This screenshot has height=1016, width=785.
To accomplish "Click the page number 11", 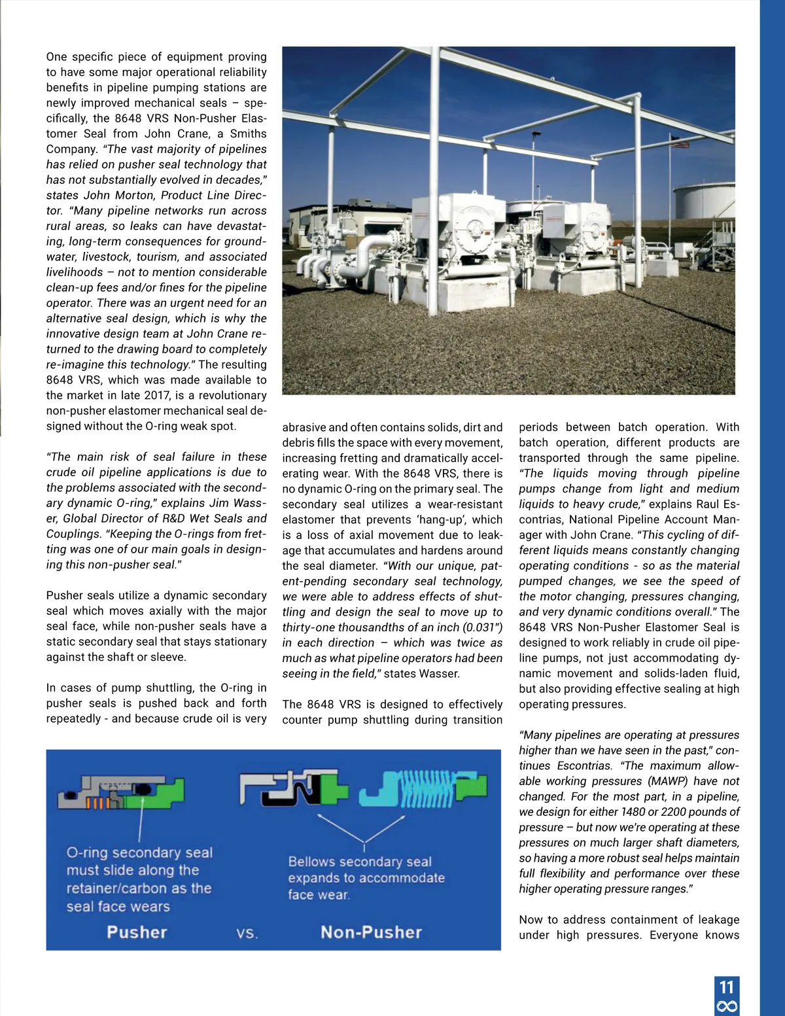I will tap(726, 987).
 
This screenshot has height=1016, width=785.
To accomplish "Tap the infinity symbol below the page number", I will tap(727, 1006).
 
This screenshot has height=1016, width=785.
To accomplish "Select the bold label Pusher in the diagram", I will tap(137, 932).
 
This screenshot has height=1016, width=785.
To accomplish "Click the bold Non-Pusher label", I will tap(371, 932).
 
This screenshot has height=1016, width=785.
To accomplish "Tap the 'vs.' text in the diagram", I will tap(247, 934).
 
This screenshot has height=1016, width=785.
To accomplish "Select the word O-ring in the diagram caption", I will tap(88, 853).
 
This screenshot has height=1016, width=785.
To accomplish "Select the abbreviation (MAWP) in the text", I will tap(668, 781).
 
